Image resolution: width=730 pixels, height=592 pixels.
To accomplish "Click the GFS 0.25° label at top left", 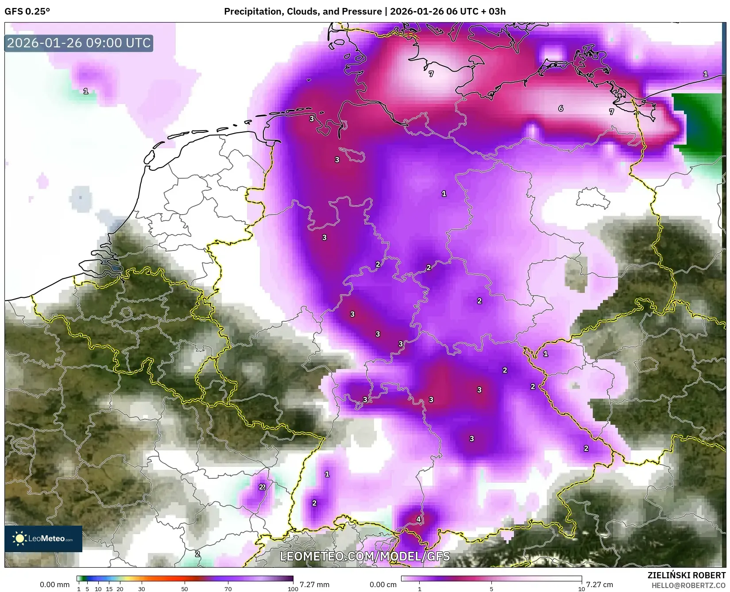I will pyautogui.click(x=27, y=12).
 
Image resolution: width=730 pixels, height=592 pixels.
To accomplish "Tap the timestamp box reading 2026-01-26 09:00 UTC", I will pyautogui.click(x=79, y=43).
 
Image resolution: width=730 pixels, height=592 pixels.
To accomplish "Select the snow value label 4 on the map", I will pyautogui.click(x=418, y=519).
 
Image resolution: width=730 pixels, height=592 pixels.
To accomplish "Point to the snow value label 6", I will pyautogui.click(x=561, y=108).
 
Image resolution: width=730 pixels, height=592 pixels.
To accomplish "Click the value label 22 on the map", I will pyautogui.click(x=262, y=487).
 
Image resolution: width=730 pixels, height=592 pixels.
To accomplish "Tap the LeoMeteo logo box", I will pyautogui.click(x=43, y=538).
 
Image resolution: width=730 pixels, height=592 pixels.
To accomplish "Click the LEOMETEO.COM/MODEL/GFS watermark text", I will pyautogui.click(x=365, y=556).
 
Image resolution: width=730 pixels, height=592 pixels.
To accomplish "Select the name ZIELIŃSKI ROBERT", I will pyautogui.click(x=687, y=575).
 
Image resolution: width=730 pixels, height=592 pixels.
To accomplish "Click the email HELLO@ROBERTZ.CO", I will pyautogui.click(x=688, y=585).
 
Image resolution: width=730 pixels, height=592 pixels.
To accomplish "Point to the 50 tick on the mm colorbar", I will pyautogui.click(x=185, y=588).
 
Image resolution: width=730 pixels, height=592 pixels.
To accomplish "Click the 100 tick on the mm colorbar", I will pyautogui.click(x=293, y=588).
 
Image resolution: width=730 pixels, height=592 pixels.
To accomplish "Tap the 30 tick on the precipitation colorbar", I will pyautogui.click(x=142, y=588).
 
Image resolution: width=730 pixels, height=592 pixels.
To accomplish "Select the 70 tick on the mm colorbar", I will pyautogui.click(x=228, y=588).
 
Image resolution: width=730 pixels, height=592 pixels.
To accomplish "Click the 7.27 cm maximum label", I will pyautogui.click(x=599, y=584).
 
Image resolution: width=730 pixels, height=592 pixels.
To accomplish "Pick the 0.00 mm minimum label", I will pyautogui.click(x=54, y=584).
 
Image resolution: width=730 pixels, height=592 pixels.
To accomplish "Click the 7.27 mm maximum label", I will pyautogui.click(x=314, y=584).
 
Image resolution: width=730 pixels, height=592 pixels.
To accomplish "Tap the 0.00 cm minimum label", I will pyautogui.click(x=383, y=584).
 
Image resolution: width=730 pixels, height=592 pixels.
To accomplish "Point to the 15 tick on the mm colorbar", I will pyautogui.click(x=109, y=588).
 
